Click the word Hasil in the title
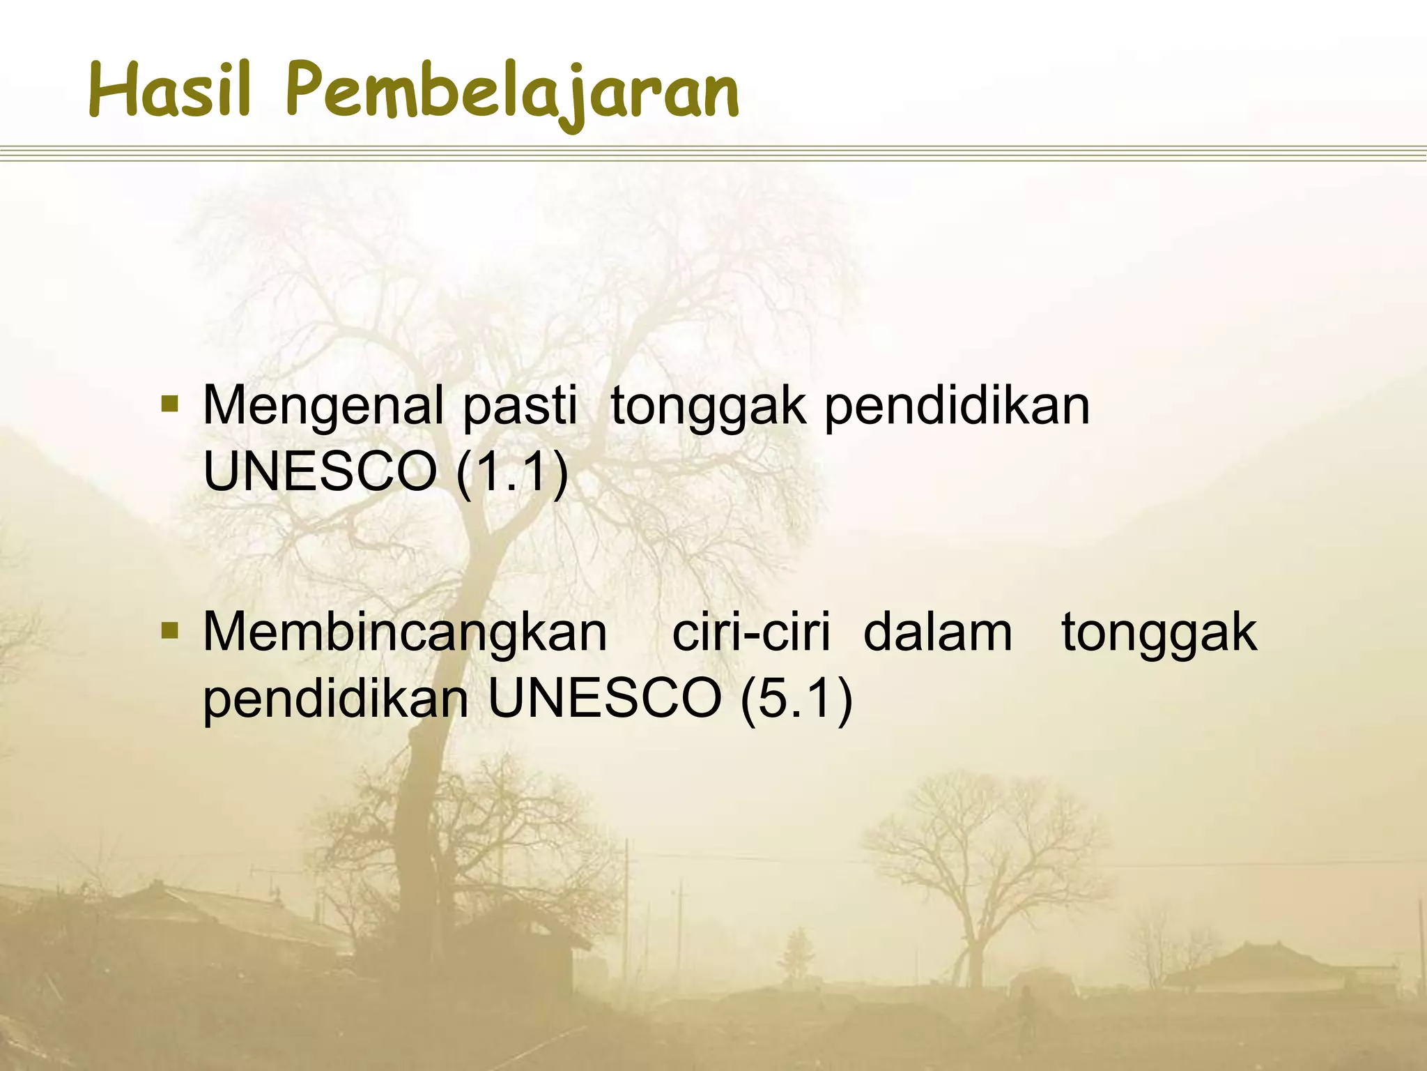[169, 91]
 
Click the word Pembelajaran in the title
[512, 94]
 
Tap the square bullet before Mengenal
[169, 404]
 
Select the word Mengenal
[323, 407]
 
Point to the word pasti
[520, 407]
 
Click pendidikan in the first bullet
[957, 407]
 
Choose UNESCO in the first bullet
[319, 472]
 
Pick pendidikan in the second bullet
[336, 699]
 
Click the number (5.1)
[796, 699]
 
